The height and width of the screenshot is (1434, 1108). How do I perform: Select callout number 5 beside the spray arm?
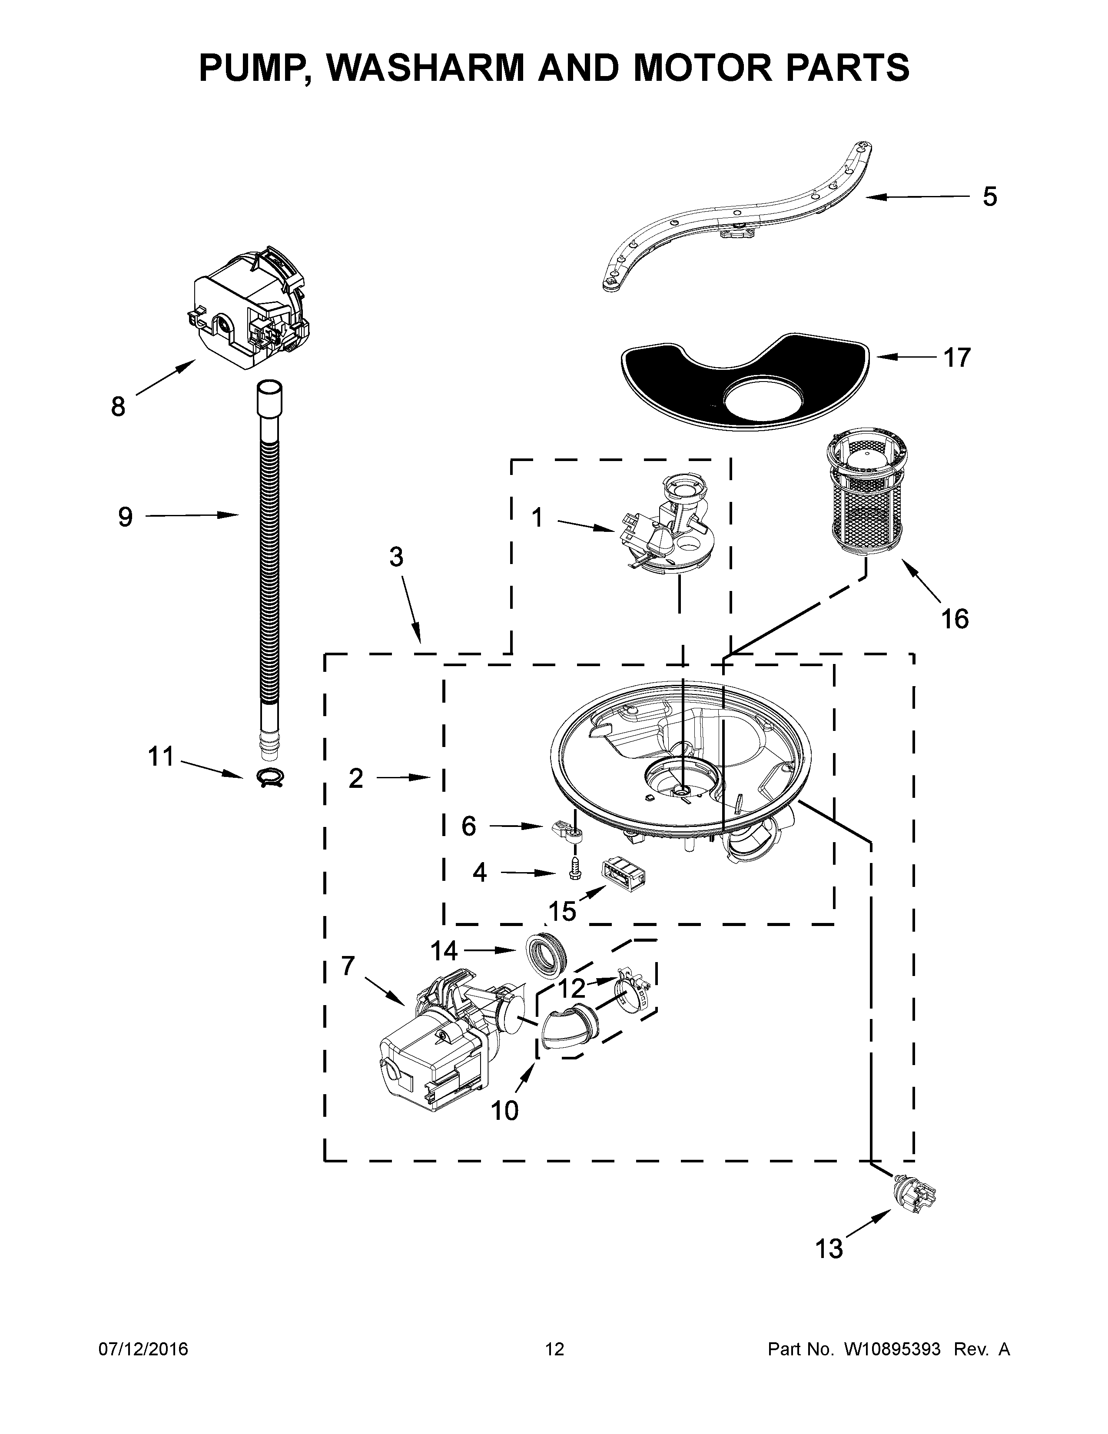(x=989, y=196)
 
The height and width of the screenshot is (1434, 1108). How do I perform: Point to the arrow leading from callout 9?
(x=190, y=516)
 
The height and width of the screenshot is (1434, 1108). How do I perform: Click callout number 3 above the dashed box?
(x=396, y=557)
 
